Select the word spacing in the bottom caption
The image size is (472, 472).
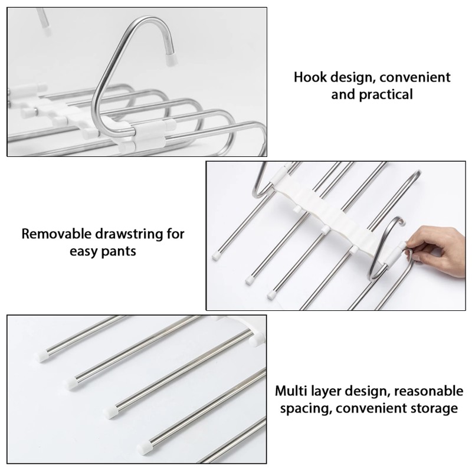(x=301, y=408)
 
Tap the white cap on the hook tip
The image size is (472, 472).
(x=172, y=58)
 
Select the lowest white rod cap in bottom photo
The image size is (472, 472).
(x=145, y=447)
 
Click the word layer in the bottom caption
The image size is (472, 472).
(x=323, y=391)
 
